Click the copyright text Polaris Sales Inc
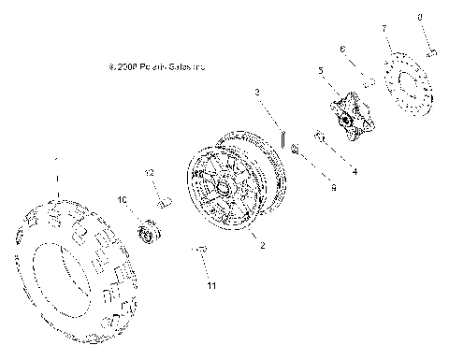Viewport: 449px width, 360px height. pos(156,67)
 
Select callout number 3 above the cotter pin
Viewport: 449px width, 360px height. pos(256,92)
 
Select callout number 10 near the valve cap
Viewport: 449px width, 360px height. pos(121,200)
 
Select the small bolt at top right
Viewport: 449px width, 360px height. pos(431,54)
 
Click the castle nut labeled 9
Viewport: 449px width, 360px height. pos(297,148)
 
